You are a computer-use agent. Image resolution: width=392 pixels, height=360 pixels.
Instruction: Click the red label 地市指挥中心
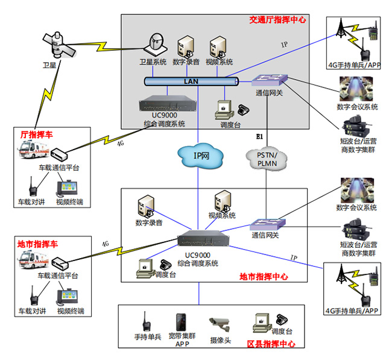[x=263, y=277]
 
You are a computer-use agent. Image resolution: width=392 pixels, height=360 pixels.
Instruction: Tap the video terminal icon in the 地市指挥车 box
[x=68, y=298]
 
